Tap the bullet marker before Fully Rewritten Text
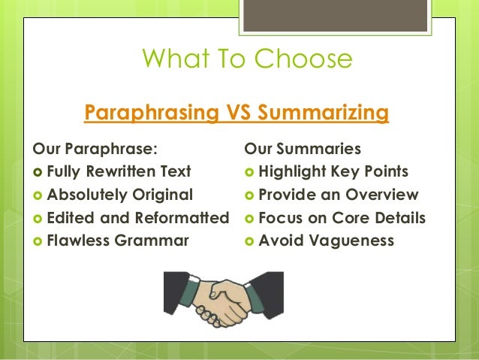pos(38,172)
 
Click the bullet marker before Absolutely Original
pos(38,195)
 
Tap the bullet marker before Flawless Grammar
pos(38,242)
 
